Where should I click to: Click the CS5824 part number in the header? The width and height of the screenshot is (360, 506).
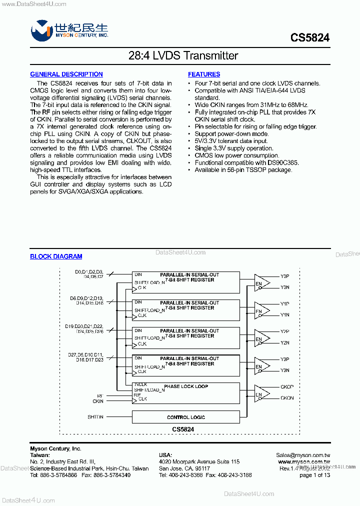click(x=309, y=37)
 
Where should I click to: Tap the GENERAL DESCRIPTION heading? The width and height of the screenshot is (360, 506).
click(x=66, y=74)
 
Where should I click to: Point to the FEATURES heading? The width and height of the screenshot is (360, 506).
click(x=204, y=74)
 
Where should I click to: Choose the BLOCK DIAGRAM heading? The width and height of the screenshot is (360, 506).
click(x=56, y=256)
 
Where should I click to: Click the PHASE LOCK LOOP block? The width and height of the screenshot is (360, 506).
click(x=186, y=386)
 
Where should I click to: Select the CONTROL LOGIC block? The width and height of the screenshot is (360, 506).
click(x=186, y=417)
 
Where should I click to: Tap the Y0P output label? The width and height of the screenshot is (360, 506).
click(x=285, y=276)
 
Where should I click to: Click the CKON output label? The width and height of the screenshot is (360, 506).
click(x=287, y=398)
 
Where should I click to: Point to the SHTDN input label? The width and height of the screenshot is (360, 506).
click(x=95, y=417)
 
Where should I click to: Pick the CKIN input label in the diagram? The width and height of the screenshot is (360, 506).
click(x=97, y=401)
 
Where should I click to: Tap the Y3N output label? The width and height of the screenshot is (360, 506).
click(x=285, y=370)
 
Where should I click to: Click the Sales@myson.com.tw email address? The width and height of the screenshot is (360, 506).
click(x=303, y=455)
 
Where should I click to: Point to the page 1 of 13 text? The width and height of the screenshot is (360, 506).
click(x=314, y=475)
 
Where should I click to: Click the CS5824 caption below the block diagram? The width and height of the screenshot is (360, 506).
click(x=183, y=429)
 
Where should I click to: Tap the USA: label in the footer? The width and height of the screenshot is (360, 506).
click(x=165, y=455)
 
